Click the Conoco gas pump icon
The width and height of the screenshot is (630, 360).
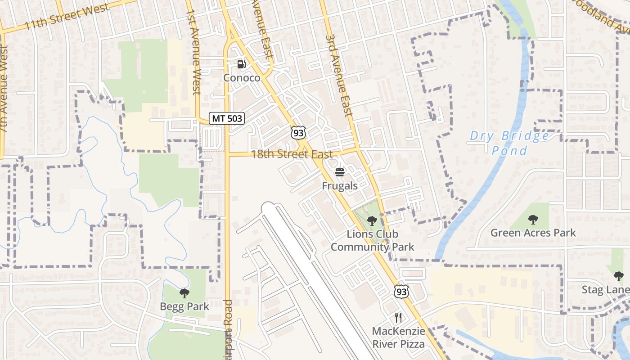click(x=242, y=64)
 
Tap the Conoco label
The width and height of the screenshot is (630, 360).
click(x=242, y=78)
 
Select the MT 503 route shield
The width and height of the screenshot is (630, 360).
click(x=227, y=119)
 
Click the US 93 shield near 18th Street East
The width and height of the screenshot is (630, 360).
click(x=298, y=132)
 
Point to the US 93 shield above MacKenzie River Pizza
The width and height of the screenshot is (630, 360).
click(x=401, y=291)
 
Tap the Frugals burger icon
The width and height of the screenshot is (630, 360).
click(x=340, y=172)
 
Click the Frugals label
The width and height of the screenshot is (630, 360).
click(x=340, y=185)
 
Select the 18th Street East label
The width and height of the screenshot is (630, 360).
click(x=292, y=154)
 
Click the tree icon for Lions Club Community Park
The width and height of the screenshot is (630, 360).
click(x=372, y=220)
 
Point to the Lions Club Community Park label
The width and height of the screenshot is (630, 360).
click(x=372, y=241)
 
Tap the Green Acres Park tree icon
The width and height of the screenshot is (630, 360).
click(x=533, y=220)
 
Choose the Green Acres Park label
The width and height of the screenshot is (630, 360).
click(x=533, y=233)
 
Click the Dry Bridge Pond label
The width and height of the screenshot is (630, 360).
click(x=509, y=143)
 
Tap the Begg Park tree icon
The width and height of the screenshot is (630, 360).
click(x=184, y=294)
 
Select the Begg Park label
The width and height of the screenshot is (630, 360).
click(x=184, y=307)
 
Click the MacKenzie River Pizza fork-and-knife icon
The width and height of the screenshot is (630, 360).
click(x=398, y=318)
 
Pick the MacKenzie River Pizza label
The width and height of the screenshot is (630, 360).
click(x=398, y=337)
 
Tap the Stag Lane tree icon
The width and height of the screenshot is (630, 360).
click(x=619, y=276)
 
